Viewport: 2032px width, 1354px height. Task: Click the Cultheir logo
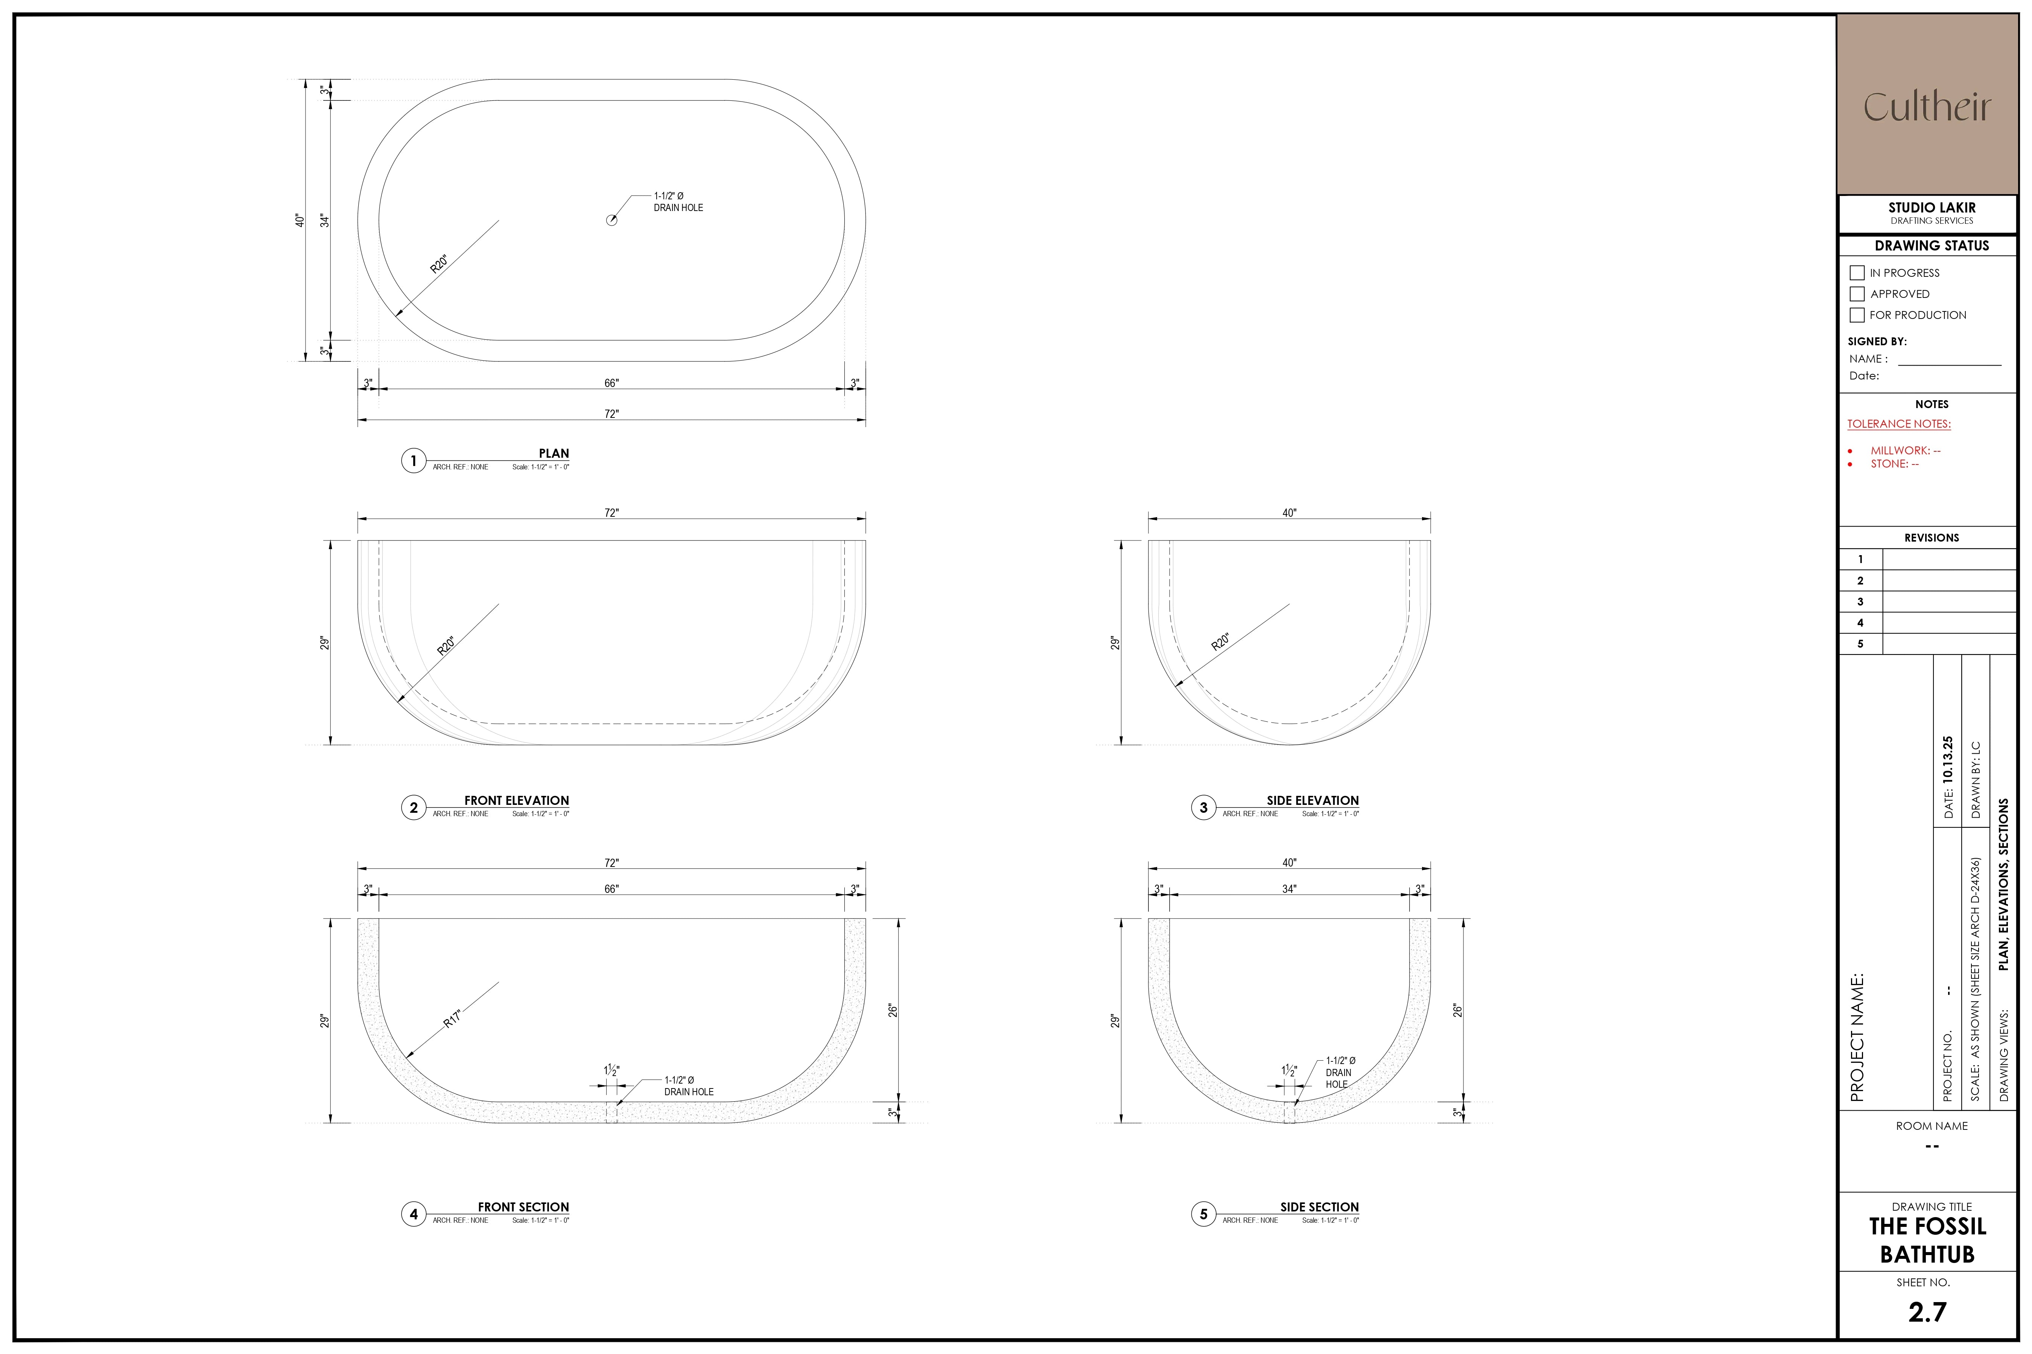click(x=1927, y=107)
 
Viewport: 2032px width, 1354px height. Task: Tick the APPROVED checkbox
click(x=1857, y=294)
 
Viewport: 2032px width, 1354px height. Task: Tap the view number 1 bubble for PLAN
click(x=413, y=460)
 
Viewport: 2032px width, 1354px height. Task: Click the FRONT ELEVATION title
click(x=517, y=800)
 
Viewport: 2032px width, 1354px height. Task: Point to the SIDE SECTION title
click(x=1319, y=1207)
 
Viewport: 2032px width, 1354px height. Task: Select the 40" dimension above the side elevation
click(x=1289, y=513)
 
